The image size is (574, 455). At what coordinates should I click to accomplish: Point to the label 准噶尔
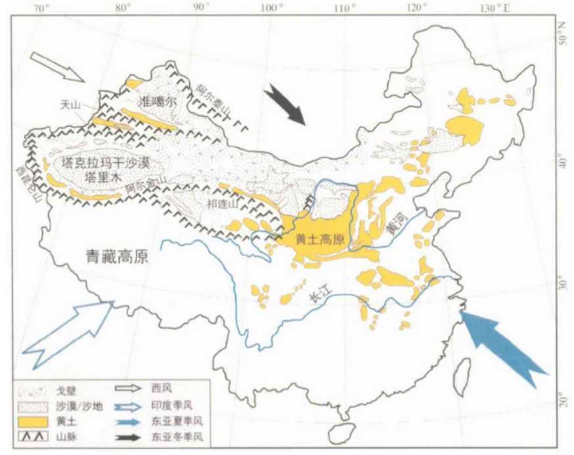tap(158, 102)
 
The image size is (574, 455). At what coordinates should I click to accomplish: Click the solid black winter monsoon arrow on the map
tap(286, 105)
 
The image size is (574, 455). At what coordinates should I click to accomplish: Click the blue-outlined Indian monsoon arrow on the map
tap(69, 332)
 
